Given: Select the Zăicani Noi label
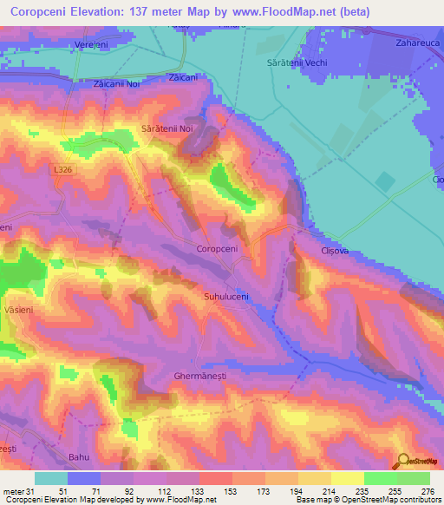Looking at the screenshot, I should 117,85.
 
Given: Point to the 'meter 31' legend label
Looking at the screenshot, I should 16,490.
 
